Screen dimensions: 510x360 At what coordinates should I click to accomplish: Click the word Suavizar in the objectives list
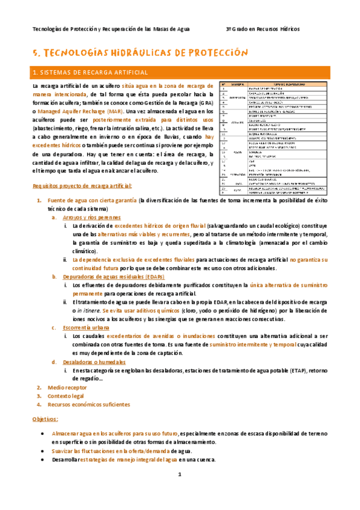pos(64,450)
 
